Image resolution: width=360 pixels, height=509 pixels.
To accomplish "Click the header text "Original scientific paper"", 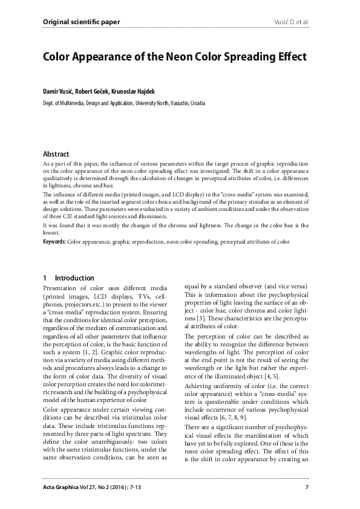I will (x=81, y=22).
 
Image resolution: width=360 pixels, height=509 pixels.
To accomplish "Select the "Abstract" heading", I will (x=56, y=154).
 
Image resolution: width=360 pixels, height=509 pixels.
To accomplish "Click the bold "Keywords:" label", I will (x=54, y=242).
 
